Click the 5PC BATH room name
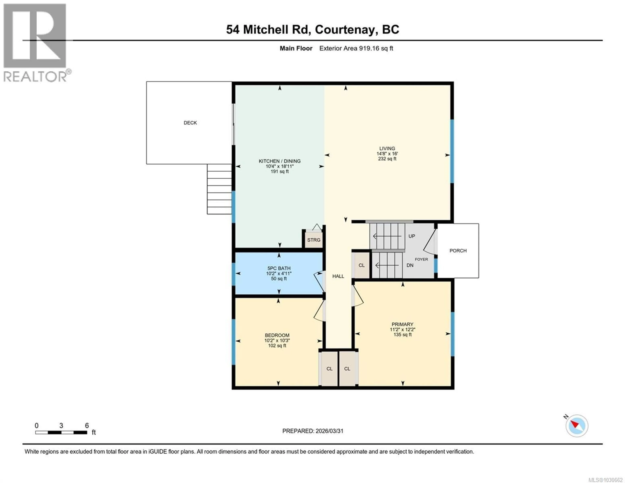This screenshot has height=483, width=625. tap(279, 268)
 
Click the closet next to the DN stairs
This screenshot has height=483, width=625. tap(361, 265)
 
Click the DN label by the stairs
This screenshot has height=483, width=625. tap(410, 265)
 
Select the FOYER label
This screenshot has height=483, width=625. tap(421, 259)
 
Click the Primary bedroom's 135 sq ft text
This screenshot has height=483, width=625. tap(402, 334)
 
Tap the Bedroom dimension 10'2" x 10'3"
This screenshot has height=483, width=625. tap(277, 340)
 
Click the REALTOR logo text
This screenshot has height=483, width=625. tap(35, 77)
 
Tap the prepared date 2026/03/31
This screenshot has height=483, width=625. tap(329, 431)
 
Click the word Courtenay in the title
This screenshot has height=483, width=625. tap(345, 29)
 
